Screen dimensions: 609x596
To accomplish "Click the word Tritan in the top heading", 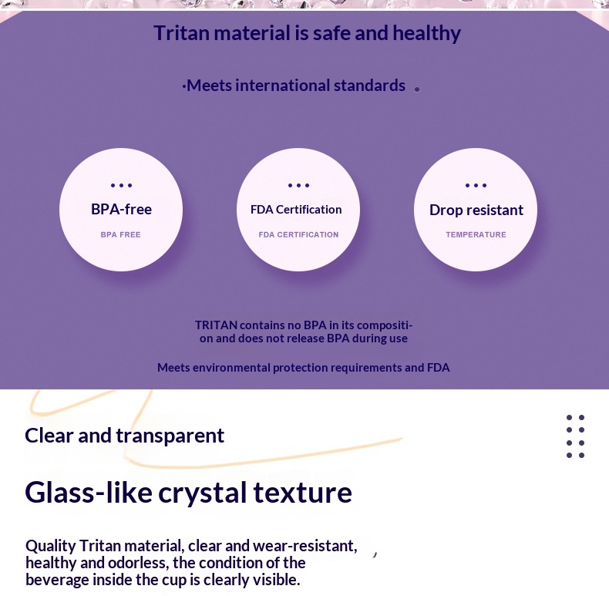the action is [182, 32].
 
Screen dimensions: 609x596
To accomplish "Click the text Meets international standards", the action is [296, 86].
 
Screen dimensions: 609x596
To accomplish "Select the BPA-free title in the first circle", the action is [121, 209].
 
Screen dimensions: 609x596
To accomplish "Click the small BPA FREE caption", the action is [120, 234].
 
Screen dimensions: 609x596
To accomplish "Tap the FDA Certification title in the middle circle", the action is [296, 210].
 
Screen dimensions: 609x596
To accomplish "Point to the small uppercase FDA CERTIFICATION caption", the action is [298, 234].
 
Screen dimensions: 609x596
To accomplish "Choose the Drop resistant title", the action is [476, 210].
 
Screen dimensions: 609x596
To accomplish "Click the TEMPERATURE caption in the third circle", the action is [476, 234].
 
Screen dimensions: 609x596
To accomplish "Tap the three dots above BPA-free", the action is [121, 185].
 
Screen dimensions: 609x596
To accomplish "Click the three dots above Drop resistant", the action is [476, 185].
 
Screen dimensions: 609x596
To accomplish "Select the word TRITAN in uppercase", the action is [216, 325].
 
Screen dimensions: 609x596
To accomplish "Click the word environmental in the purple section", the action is [231, 368].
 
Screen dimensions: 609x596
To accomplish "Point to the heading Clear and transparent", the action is [124, 436].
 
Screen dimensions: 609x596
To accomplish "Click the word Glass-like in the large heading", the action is [89, 492].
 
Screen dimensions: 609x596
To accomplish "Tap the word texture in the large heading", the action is [302, 492].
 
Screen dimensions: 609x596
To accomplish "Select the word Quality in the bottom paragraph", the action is [50, 546].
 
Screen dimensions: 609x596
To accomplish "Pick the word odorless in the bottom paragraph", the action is [138, 563].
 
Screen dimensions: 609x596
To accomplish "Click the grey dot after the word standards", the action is [417, 89].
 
